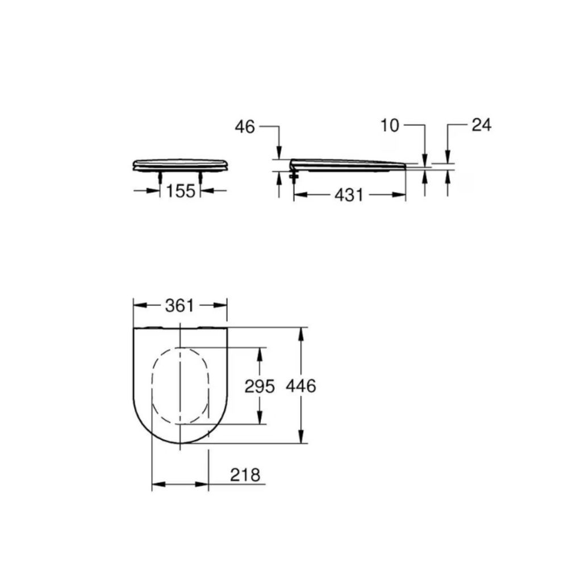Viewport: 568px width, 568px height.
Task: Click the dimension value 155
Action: click(x=181, y=190)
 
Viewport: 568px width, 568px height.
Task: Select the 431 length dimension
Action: click(x=349, y=195)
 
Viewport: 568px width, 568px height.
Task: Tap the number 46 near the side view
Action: click(x=245, y=127)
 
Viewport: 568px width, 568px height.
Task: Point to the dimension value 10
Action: click(x=390, y=126)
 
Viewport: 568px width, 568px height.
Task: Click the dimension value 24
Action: click(x=482, y=124)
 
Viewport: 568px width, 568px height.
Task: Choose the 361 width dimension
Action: click(x=179, y=306)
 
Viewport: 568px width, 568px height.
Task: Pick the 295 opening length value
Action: click(x=260, y=386)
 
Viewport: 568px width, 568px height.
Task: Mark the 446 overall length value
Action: click(x=301, y=386)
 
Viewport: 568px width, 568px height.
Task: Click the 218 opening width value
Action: click(x=245, y=475)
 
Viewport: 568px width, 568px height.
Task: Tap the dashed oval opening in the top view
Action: click(x=152, y=386)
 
